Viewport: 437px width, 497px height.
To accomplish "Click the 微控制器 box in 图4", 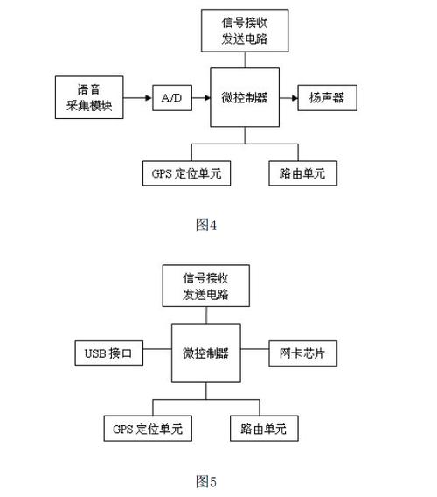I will (x=245, y=97).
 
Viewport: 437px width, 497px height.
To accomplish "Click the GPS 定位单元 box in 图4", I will (x=186, y=172).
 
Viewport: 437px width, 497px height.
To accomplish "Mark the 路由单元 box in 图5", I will (x=263, y=429).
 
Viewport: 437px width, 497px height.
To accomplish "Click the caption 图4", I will (x=206, y=225).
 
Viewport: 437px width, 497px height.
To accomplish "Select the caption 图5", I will (x=206, y=480).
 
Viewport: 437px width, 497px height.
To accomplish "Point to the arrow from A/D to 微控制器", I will (x=200, y=97).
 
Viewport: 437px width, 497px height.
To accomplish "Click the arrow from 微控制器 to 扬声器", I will (x=288, y=97).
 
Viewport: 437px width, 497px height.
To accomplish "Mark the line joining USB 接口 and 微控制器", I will (x=157, y=353).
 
